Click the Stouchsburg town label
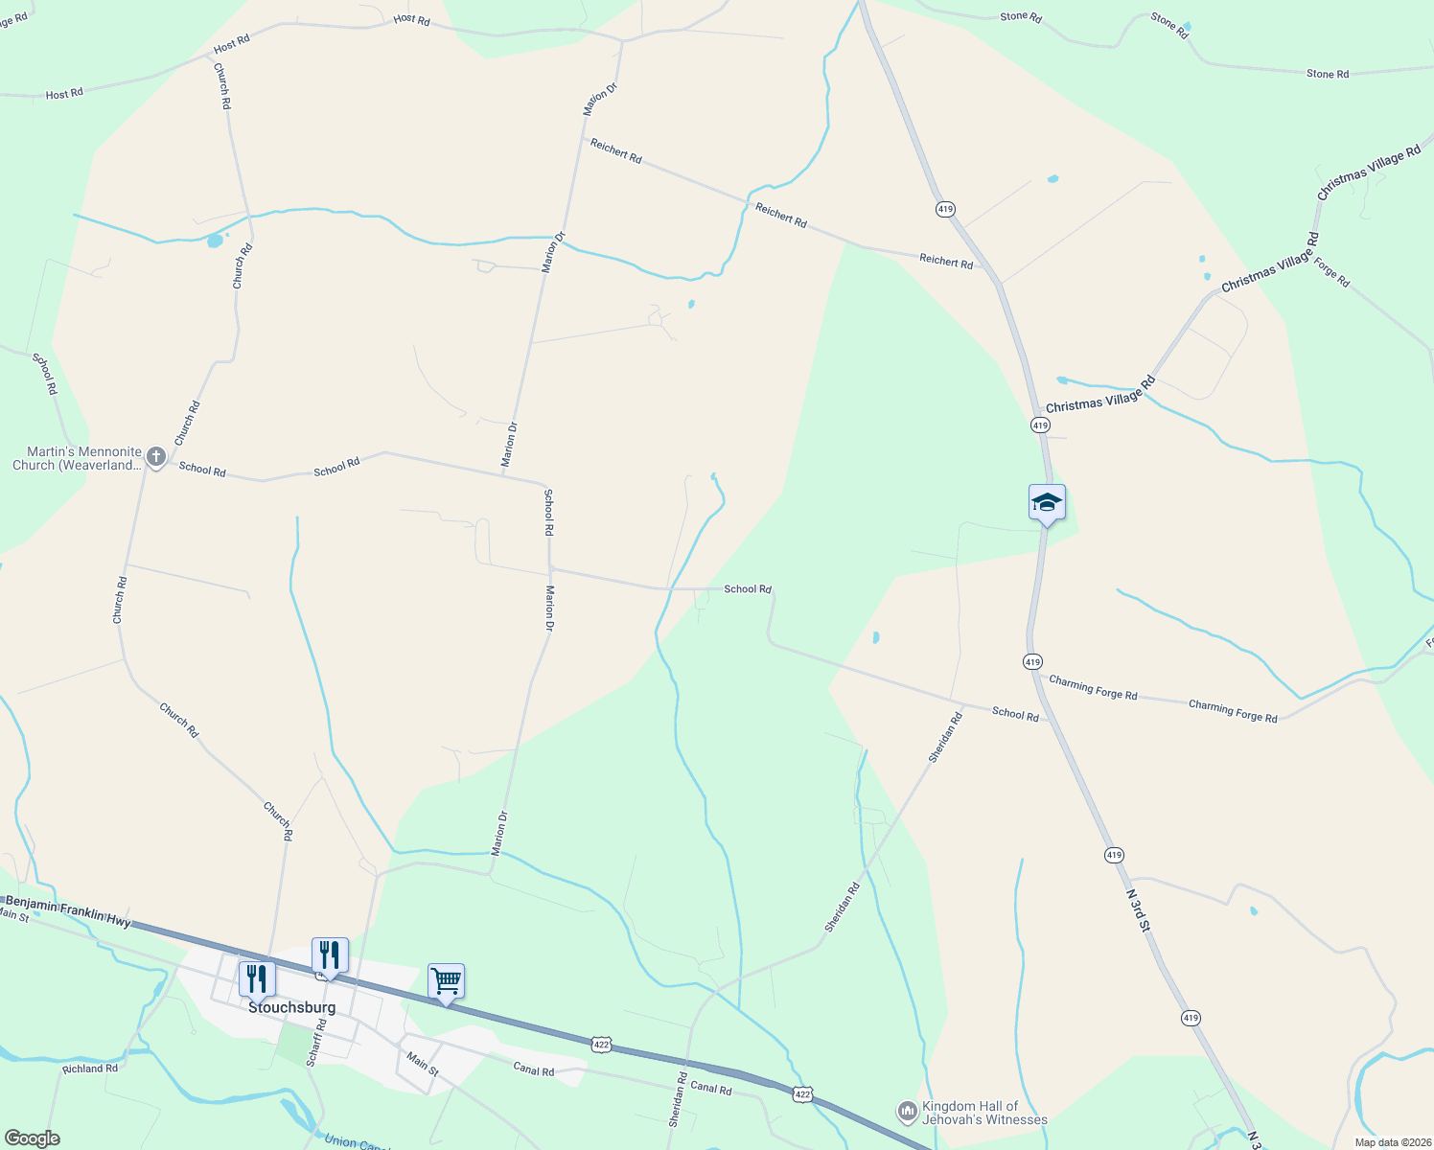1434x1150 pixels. pos(292,1008)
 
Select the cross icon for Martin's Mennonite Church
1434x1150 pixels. pos(157,458)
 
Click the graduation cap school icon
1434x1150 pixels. pos(1047,503)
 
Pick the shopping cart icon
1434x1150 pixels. pos(446,982)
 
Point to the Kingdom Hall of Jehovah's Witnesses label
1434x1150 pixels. pos(984,1113)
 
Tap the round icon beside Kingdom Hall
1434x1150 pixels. pos(907,1112)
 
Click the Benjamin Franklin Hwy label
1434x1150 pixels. pos(67,910)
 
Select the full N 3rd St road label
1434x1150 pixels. pos(1138,909)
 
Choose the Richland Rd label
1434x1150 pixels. pos(90,1069)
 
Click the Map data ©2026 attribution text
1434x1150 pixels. pos(1392,1142)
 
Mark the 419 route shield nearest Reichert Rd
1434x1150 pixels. pos(945,209)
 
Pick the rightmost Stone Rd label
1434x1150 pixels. pos(1327,74)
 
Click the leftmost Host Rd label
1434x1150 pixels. pos(64,94)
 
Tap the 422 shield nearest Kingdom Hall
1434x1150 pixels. pos(803,1093)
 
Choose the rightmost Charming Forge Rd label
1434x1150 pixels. pos(1233,711)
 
